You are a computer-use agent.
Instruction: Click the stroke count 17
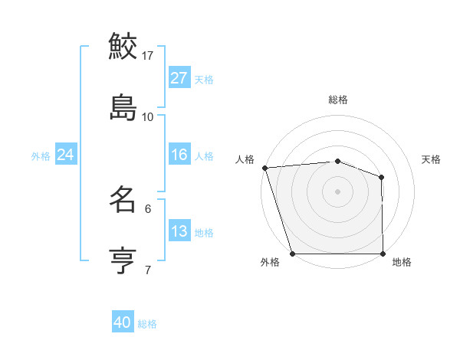[148, 55]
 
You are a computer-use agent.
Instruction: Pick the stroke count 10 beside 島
[148, 116]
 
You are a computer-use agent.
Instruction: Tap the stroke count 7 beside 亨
[148, 270]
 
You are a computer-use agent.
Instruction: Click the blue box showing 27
[179, 78]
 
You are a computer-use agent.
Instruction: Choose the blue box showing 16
[179, 155]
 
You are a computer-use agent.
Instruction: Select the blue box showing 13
[179, 231]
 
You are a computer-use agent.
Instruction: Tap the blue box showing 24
[65, 155]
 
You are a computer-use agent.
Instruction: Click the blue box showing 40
[123, 323]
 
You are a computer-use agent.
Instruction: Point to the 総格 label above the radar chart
[338, 100]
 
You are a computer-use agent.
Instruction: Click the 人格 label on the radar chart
[245, 159]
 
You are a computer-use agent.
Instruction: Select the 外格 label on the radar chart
[270, 263]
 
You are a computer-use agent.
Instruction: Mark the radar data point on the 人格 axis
[264, 168]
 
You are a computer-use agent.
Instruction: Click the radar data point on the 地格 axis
[383, 254]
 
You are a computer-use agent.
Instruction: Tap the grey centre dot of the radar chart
[338, 191]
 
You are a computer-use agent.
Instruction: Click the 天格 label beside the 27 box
[204, 79]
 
